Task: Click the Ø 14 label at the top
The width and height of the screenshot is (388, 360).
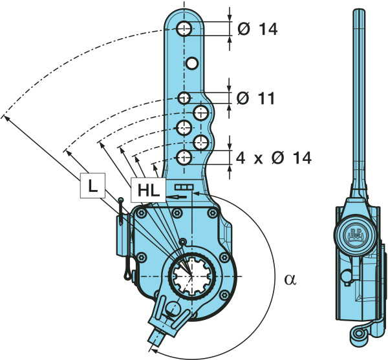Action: pyautogui.click(x=257, y=29)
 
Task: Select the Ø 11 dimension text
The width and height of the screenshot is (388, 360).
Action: pyautogui.click(x=255, y=98)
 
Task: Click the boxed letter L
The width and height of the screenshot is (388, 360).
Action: pyautogui.click(x=92, y=187)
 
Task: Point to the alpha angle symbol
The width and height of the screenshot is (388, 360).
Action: pyautogui.click(x=289, y=279)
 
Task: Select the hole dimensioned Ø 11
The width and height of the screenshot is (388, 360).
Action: pyautogui.click(x=184, y=98)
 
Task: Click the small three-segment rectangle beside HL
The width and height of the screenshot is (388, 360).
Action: pyautogui.click(x=182, y=186)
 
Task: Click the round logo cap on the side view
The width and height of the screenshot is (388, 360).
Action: pyautogui.click(x=356, y=234)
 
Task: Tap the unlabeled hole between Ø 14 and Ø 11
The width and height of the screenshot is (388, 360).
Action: pyautogui.click(x=191, y=63)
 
